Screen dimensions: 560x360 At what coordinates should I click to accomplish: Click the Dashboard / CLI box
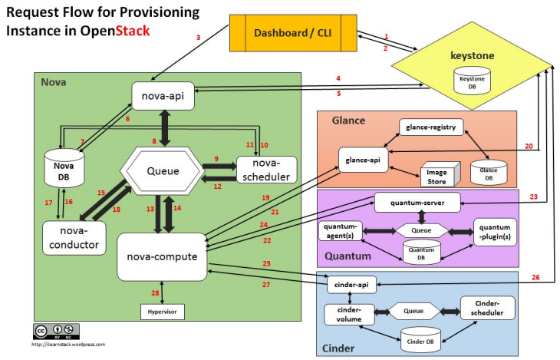click(x=293, y=33)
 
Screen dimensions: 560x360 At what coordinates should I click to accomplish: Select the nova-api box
click(x=163, y=96)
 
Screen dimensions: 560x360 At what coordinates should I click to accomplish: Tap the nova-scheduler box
click(x=266, y=170)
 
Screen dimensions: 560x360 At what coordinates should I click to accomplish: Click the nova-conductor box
click(x=74, y=238)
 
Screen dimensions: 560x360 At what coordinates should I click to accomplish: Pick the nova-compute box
click(x=162, y=256)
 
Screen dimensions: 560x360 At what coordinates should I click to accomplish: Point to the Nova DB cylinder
click(x=64, y=168)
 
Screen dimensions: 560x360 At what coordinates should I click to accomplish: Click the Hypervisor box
click(x=163, y=312)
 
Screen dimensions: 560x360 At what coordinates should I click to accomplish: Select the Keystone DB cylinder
click(x=472, y=81)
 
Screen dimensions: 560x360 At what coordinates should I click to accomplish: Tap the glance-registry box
click(x=431, y=127)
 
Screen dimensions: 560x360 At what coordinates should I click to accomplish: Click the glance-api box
click(x=363, y=160)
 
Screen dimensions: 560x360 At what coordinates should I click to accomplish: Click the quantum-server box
click(x=417, y=203)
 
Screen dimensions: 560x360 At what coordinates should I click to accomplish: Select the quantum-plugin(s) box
click(x=495, y=232)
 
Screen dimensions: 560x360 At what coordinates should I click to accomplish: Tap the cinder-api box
click(x=352, y=285)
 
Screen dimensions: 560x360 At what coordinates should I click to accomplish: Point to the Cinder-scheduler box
click(x=487, y=308)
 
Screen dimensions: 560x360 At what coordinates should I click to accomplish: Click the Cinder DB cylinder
click(x=420, y=340)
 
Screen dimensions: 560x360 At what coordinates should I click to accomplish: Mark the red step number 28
click(x=155, y=293)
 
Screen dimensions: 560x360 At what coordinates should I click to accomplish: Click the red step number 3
click(x=198, y=37)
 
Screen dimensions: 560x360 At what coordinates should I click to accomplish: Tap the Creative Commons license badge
click(x=57, y=332)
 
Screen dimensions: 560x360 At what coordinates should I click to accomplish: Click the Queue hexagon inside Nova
click(x=163, y=171)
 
